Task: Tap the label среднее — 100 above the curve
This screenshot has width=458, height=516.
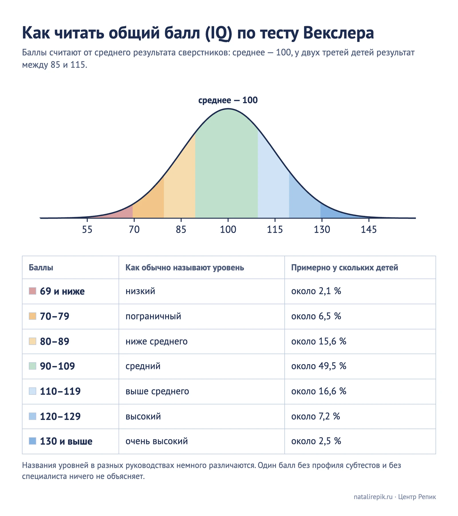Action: coord(228,100)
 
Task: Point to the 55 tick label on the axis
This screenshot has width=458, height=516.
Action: coord(87,230)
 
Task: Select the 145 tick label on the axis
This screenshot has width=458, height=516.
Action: coord(369,230)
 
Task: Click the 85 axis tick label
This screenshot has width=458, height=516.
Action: coord(181,230)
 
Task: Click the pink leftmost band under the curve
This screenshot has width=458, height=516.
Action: coord(120,213)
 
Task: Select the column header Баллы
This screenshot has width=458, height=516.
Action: coord(41,268)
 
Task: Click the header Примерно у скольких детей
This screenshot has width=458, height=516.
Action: coord(345,268)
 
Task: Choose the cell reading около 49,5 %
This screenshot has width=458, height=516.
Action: coord(319,366)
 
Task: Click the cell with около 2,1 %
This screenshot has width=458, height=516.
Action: coord(316,291)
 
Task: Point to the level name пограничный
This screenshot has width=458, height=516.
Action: coord(153,316)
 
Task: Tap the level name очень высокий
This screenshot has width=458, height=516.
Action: coord(157,441)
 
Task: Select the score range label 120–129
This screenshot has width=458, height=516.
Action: coord(60,416)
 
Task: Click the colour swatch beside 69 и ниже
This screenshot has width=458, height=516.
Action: coord(33,291)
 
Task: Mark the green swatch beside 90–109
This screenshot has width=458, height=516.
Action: coord(33,366)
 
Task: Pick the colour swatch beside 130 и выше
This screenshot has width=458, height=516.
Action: coord(33,441)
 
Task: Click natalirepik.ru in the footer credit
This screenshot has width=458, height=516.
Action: coord(373,497)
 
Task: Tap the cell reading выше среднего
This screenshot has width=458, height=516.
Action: coord(157,391)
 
